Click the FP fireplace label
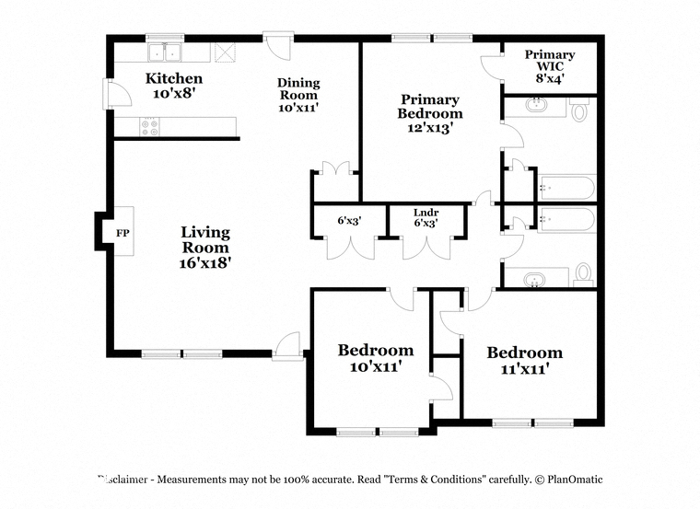click(x=122, y=233)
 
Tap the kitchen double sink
click(x=165, y=52)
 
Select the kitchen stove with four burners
click(x=149, y=127)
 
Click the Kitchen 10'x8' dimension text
click(x=174, y=94)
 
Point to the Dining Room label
click(x=298, y=88)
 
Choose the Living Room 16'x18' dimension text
click(x=204, y=263)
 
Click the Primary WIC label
click(x=550, y=60)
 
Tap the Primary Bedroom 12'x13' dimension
click(x=430, y=128)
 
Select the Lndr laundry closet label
click(x=426, y=213)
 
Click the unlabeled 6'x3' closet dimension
click(x=349, y=220)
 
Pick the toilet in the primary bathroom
click(x=579, y=110)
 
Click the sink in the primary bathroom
click(x=535, y=105)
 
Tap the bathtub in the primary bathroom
click(x=567, y=188)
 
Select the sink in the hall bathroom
click(x=535, y=281)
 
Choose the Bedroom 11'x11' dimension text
click(x=525, y=369)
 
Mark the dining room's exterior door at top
click(x=277, y=45)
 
